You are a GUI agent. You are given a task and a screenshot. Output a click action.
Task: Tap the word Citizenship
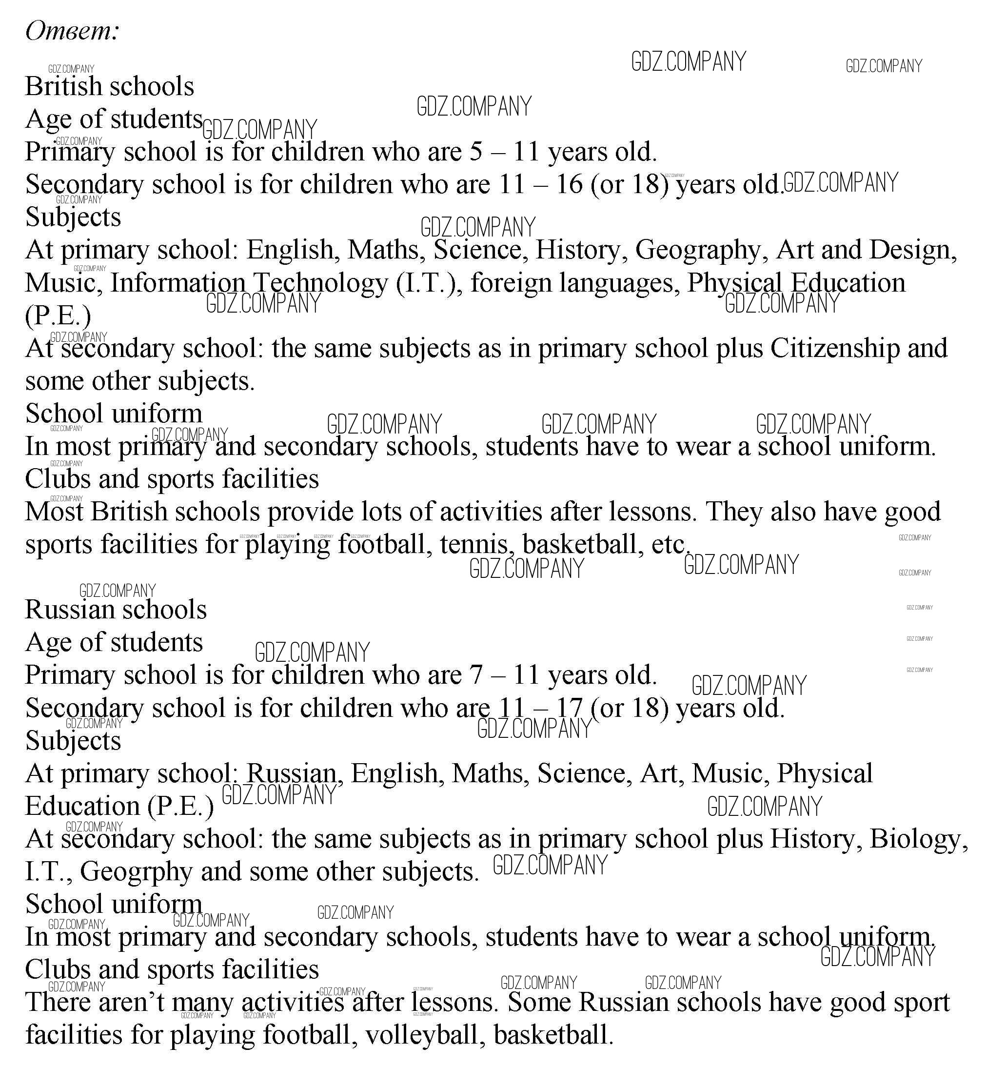834,348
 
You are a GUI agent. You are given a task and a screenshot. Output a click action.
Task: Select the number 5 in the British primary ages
476,152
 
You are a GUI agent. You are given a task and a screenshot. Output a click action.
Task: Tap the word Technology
319,283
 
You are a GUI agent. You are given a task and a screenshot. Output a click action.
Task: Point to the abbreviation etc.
671,545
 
